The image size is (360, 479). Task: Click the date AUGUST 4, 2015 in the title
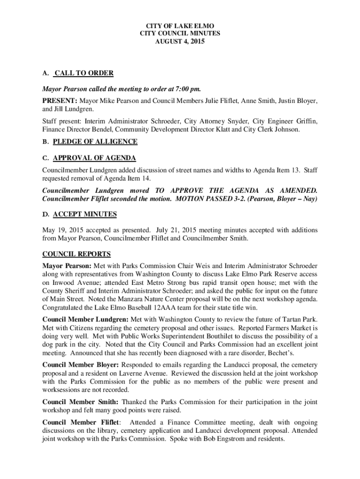pos(180,42)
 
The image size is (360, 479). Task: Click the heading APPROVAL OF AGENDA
pos(94,158)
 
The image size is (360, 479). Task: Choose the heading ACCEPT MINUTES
pos(85,214)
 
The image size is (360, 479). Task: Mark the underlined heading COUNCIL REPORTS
pos(76,254)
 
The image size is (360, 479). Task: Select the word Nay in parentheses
pos(308,199)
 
